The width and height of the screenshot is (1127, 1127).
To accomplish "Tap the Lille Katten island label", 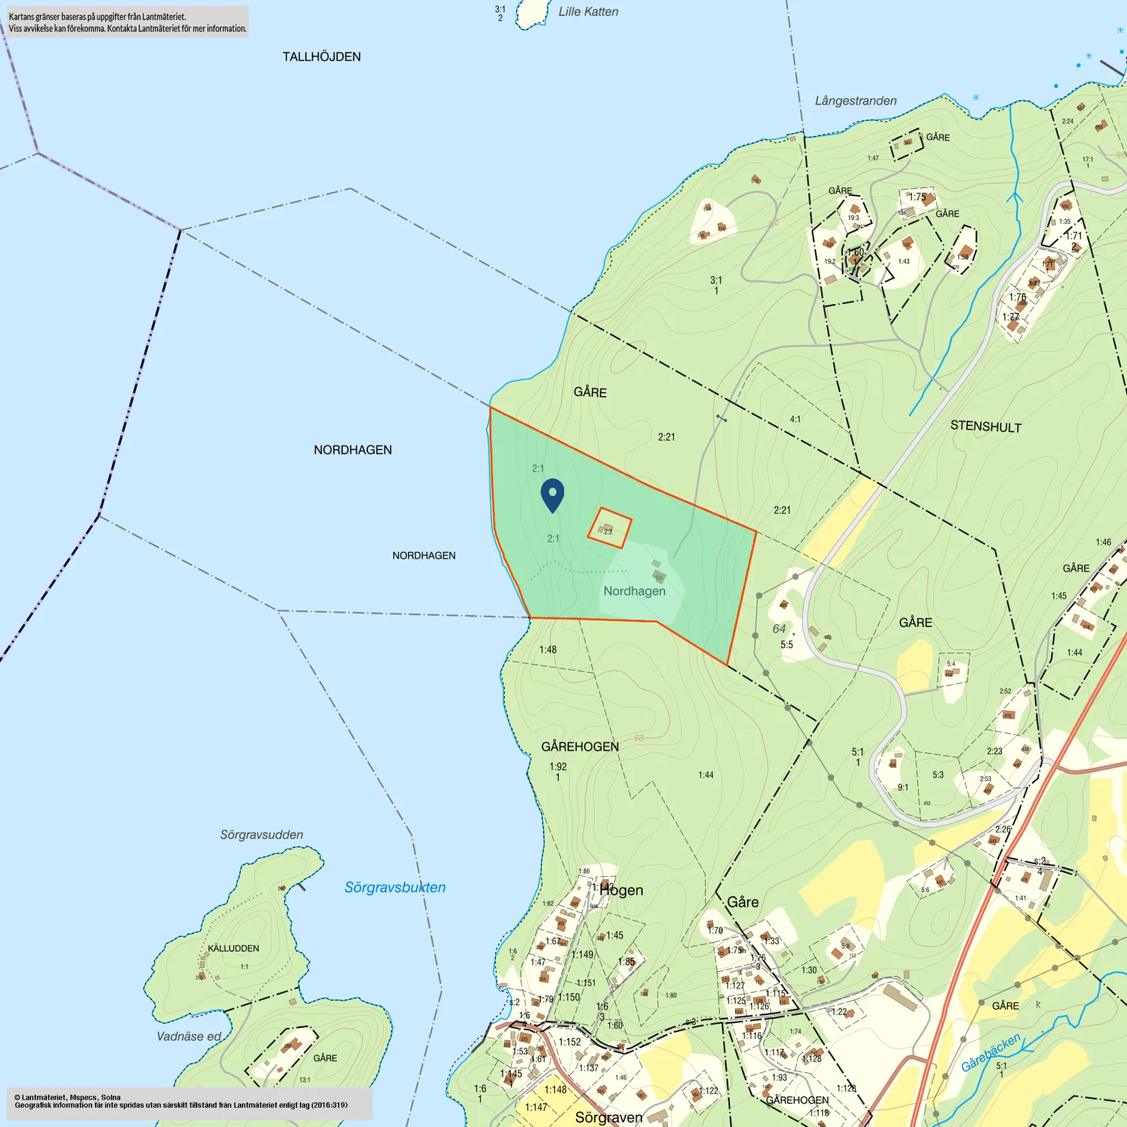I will coord(588,12).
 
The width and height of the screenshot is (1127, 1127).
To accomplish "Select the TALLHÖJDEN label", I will coord(322,57).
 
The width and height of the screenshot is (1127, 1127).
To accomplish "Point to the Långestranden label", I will coord(855,101).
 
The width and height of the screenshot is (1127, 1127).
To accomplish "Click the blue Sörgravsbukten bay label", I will coord(395,887).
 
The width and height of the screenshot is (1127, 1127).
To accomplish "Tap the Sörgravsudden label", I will coord(262,835).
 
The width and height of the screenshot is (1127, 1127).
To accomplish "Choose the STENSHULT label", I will coord(986,426).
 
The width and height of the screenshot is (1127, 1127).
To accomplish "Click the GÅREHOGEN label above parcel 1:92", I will coord(580,747).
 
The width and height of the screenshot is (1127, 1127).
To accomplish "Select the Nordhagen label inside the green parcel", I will coord(634,591).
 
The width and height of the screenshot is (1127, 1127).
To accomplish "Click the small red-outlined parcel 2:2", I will coord(609,528).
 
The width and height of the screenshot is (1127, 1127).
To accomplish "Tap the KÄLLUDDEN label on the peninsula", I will coord(234,948).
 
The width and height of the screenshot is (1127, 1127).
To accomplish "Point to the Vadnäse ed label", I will coord(189,1036).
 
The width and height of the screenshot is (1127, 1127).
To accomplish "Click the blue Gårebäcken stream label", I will coord(990,1053).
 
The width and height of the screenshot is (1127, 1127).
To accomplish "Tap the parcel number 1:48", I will coord(548,650).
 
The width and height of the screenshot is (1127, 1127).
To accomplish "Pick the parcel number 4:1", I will coord(795,419).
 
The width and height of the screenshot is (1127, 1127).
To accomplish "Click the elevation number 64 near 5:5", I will coord(779,628).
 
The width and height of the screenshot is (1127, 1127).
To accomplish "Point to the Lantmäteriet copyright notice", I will coord(181,1101).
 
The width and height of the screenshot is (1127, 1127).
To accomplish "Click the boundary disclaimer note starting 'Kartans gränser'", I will coord(127,23).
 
